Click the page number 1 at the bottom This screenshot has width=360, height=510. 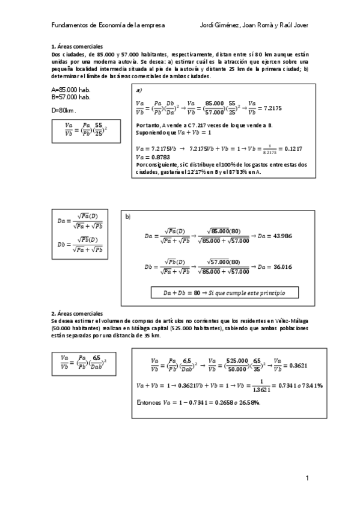[x=307, y=479]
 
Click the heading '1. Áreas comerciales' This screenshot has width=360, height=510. [x=78, y=46]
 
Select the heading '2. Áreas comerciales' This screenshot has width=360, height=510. [x=78, y=313]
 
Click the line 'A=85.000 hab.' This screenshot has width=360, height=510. [x=72, y=89]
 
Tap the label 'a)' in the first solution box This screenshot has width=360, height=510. [x=139, y=90]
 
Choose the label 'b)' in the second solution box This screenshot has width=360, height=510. [x=127, y=216]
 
